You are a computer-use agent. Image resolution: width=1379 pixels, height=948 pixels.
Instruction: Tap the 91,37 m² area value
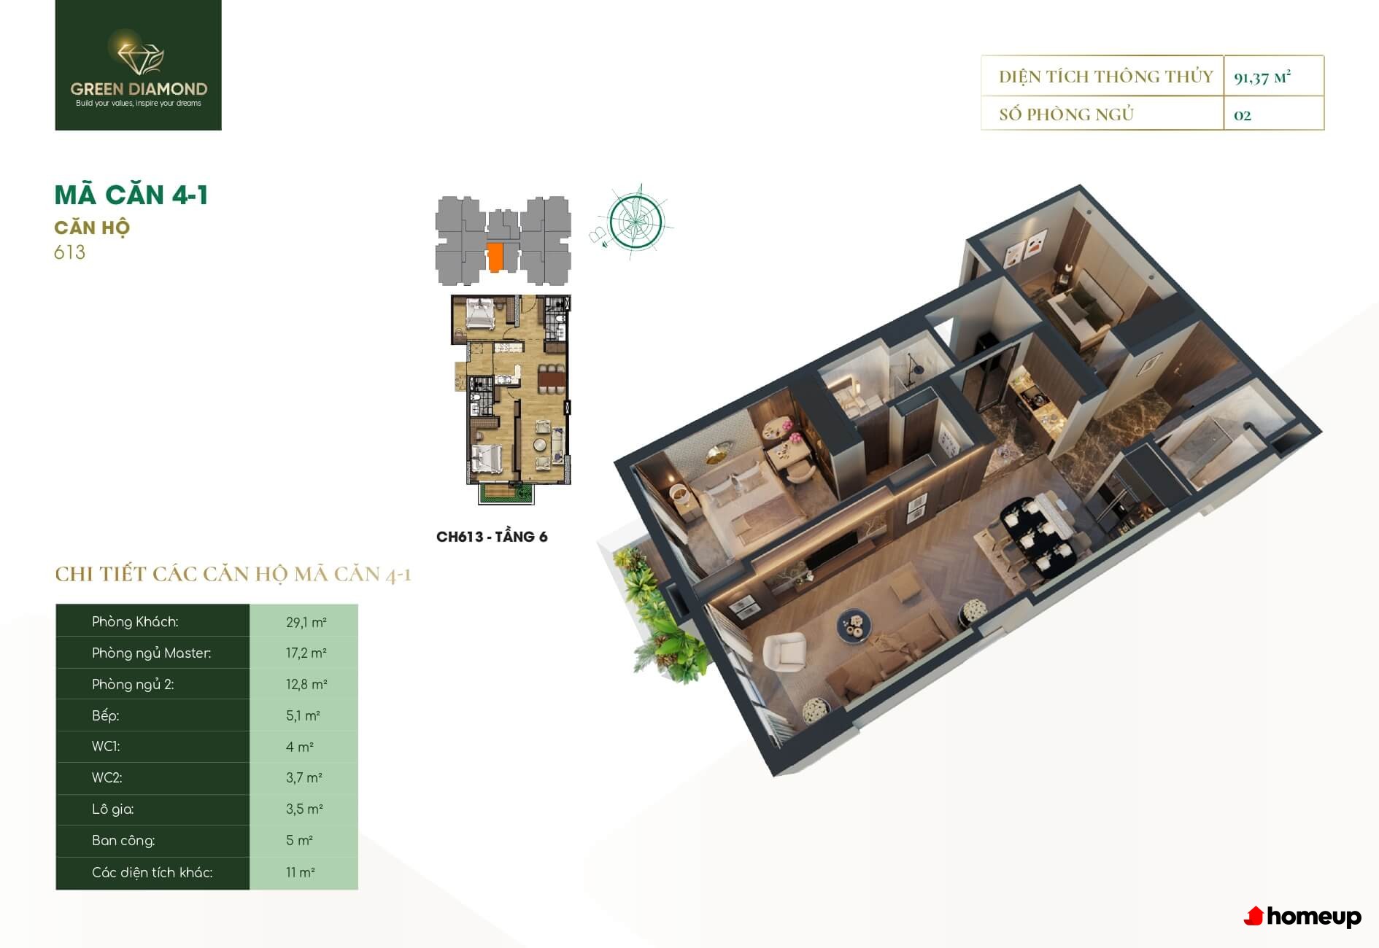[1262, 77]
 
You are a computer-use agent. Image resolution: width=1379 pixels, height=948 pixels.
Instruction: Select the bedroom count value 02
[1242, 115]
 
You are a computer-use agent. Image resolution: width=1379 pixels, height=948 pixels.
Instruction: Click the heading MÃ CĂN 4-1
[131, 195]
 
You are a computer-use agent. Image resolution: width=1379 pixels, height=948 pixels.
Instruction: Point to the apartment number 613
[70, 252]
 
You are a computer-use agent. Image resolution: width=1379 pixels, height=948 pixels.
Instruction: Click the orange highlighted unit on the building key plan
[495, 257]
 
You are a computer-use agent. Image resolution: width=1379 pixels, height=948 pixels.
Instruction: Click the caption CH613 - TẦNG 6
[492, 537]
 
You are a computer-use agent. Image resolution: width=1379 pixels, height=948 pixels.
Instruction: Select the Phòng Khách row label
[135, 622]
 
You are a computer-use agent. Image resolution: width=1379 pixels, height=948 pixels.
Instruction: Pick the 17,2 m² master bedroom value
[306, 653]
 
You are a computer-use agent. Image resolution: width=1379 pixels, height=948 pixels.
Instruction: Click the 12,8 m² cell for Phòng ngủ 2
[306, 685]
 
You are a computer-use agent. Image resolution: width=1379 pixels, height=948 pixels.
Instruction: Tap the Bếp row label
[106, 715]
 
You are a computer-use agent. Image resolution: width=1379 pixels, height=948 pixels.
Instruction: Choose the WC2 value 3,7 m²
[304, 778]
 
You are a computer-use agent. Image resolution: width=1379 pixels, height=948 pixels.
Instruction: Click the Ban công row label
[123, 841]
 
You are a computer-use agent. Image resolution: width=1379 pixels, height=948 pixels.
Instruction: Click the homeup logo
[1302, 917]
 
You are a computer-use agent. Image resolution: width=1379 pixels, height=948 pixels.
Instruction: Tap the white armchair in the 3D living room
[784, 653]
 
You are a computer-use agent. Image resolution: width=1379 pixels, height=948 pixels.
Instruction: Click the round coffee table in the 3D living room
[854, 626]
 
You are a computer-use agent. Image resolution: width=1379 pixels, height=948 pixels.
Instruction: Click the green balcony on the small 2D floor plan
[506, 494]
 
